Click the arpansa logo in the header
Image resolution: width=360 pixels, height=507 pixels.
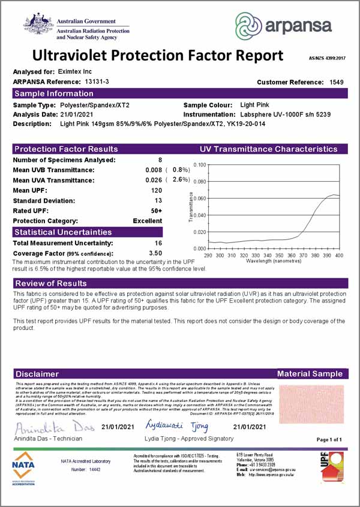(283, 26)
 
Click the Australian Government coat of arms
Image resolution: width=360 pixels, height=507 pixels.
(38, 25)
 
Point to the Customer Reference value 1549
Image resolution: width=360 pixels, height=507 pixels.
(337, 82)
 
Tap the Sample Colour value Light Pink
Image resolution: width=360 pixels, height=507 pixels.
(254, 105)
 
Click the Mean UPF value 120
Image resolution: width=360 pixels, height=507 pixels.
(157, 190)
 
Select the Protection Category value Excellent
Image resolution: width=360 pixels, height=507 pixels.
(148, 221)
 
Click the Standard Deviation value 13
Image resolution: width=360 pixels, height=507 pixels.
(158, 200)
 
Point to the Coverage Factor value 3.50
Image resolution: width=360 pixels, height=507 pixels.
(155, 253)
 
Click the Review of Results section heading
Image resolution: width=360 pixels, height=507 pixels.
(51, 283)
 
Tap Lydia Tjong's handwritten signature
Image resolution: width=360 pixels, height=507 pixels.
(176, 426)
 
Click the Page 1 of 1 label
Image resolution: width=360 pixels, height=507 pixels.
(329, 440)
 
